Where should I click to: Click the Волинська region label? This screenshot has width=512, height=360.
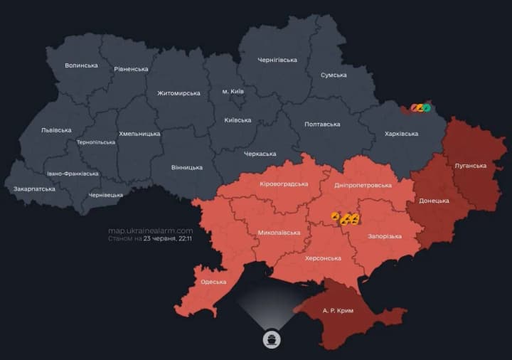[x=81, y=65]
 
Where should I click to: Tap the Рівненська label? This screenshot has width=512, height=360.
[x=131, y=69]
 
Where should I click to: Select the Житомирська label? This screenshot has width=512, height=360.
[x=178, y=93]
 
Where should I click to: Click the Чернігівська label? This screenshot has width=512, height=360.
[x=277, y=60]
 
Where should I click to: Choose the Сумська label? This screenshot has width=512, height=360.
[x=334, y=75]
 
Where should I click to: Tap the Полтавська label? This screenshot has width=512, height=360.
[x=322, y=124]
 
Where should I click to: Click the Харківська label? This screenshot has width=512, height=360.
[x=401, y=134]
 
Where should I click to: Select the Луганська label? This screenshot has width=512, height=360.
[x=470, y=166]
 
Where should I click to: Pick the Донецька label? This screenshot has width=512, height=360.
[x=434, y=201]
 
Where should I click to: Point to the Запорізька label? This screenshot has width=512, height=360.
[x=384, y=236]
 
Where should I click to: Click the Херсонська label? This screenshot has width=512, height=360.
[x=324, y=258]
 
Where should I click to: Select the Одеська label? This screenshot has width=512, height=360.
[x=213, y=282]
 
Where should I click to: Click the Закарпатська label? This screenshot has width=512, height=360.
[x=34, y=189]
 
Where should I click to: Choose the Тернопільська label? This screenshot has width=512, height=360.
[x=96, y=142]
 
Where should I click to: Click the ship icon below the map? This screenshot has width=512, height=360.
[x=272, y=338]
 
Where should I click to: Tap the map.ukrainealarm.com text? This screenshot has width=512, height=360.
[x=150, y=231]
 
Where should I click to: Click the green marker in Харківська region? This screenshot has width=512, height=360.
[x=427, y=108]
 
